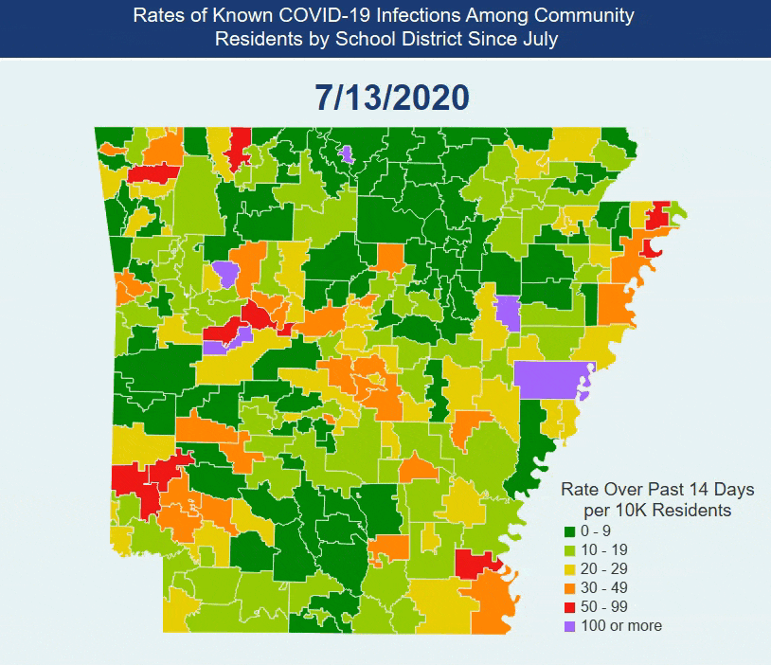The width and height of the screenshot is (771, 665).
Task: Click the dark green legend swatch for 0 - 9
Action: tap(571, 531)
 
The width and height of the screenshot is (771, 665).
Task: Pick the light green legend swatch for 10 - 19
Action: tap(571, 550)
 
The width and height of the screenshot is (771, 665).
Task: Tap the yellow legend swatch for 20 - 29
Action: tap(571, 569)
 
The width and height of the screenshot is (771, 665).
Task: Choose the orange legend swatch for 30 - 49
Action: tap(571, 588)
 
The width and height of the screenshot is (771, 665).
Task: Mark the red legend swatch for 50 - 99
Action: tap(571, 607)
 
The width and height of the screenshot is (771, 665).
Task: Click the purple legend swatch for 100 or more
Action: tap(571, 626)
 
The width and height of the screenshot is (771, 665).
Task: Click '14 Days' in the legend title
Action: tap(721, 490)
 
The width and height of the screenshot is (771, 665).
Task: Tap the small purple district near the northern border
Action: tap(346, 153)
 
